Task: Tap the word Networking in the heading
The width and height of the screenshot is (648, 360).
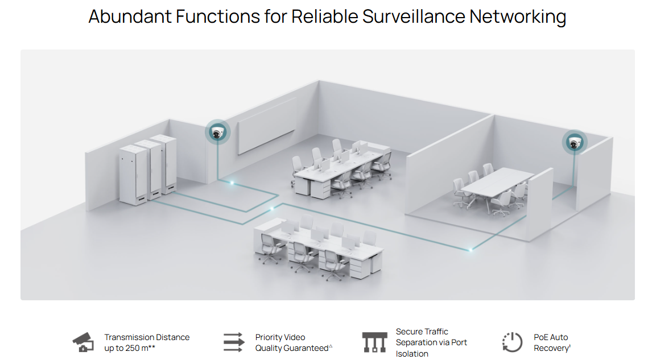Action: click(517, 16)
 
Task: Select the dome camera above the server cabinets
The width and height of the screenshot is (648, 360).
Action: click(217, 133)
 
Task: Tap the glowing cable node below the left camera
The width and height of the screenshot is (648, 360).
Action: click(232, 183)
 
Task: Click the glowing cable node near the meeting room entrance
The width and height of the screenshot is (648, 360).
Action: click(470, 249)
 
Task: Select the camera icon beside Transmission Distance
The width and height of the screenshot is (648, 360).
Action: click(83, 342)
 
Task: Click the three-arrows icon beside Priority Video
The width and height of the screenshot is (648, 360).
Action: click(233, 342)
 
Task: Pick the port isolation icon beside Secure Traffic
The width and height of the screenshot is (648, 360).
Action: click(374, 342)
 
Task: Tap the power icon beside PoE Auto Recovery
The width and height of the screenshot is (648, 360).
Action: click(512, 342)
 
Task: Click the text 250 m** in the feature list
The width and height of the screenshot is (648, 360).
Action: click(137, 348)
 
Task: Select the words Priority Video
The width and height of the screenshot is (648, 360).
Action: click(280, 337)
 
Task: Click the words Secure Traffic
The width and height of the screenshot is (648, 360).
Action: click(422, 332)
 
